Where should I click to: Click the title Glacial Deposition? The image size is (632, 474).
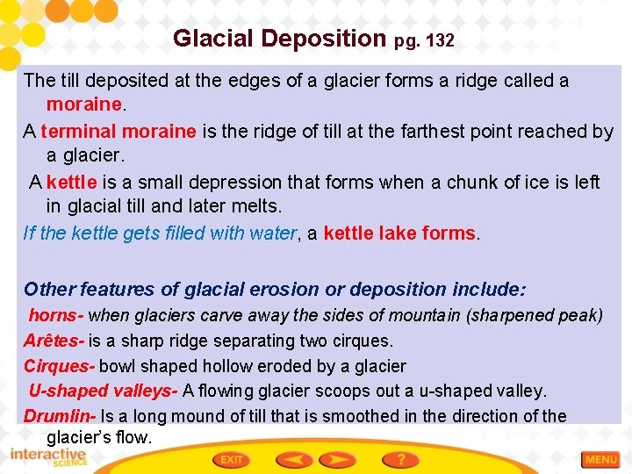coord(279,39)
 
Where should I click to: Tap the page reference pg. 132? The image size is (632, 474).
coord(424,40)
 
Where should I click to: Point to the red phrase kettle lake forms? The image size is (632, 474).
coord(399,233)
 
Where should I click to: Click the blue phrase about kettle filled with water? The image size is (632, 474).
coord(161,233)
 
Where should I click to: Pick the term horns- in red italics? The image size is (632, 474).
coord(56,314)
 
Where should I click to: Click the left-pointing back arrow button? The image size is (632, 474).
coord(294,459)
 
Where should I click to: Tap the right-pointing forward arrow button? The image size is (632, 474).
coord(338,459)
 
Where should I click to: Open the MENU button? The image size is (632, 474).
coord(601,459)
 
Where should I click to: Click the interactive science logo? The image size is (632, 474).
coord(48,457)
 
